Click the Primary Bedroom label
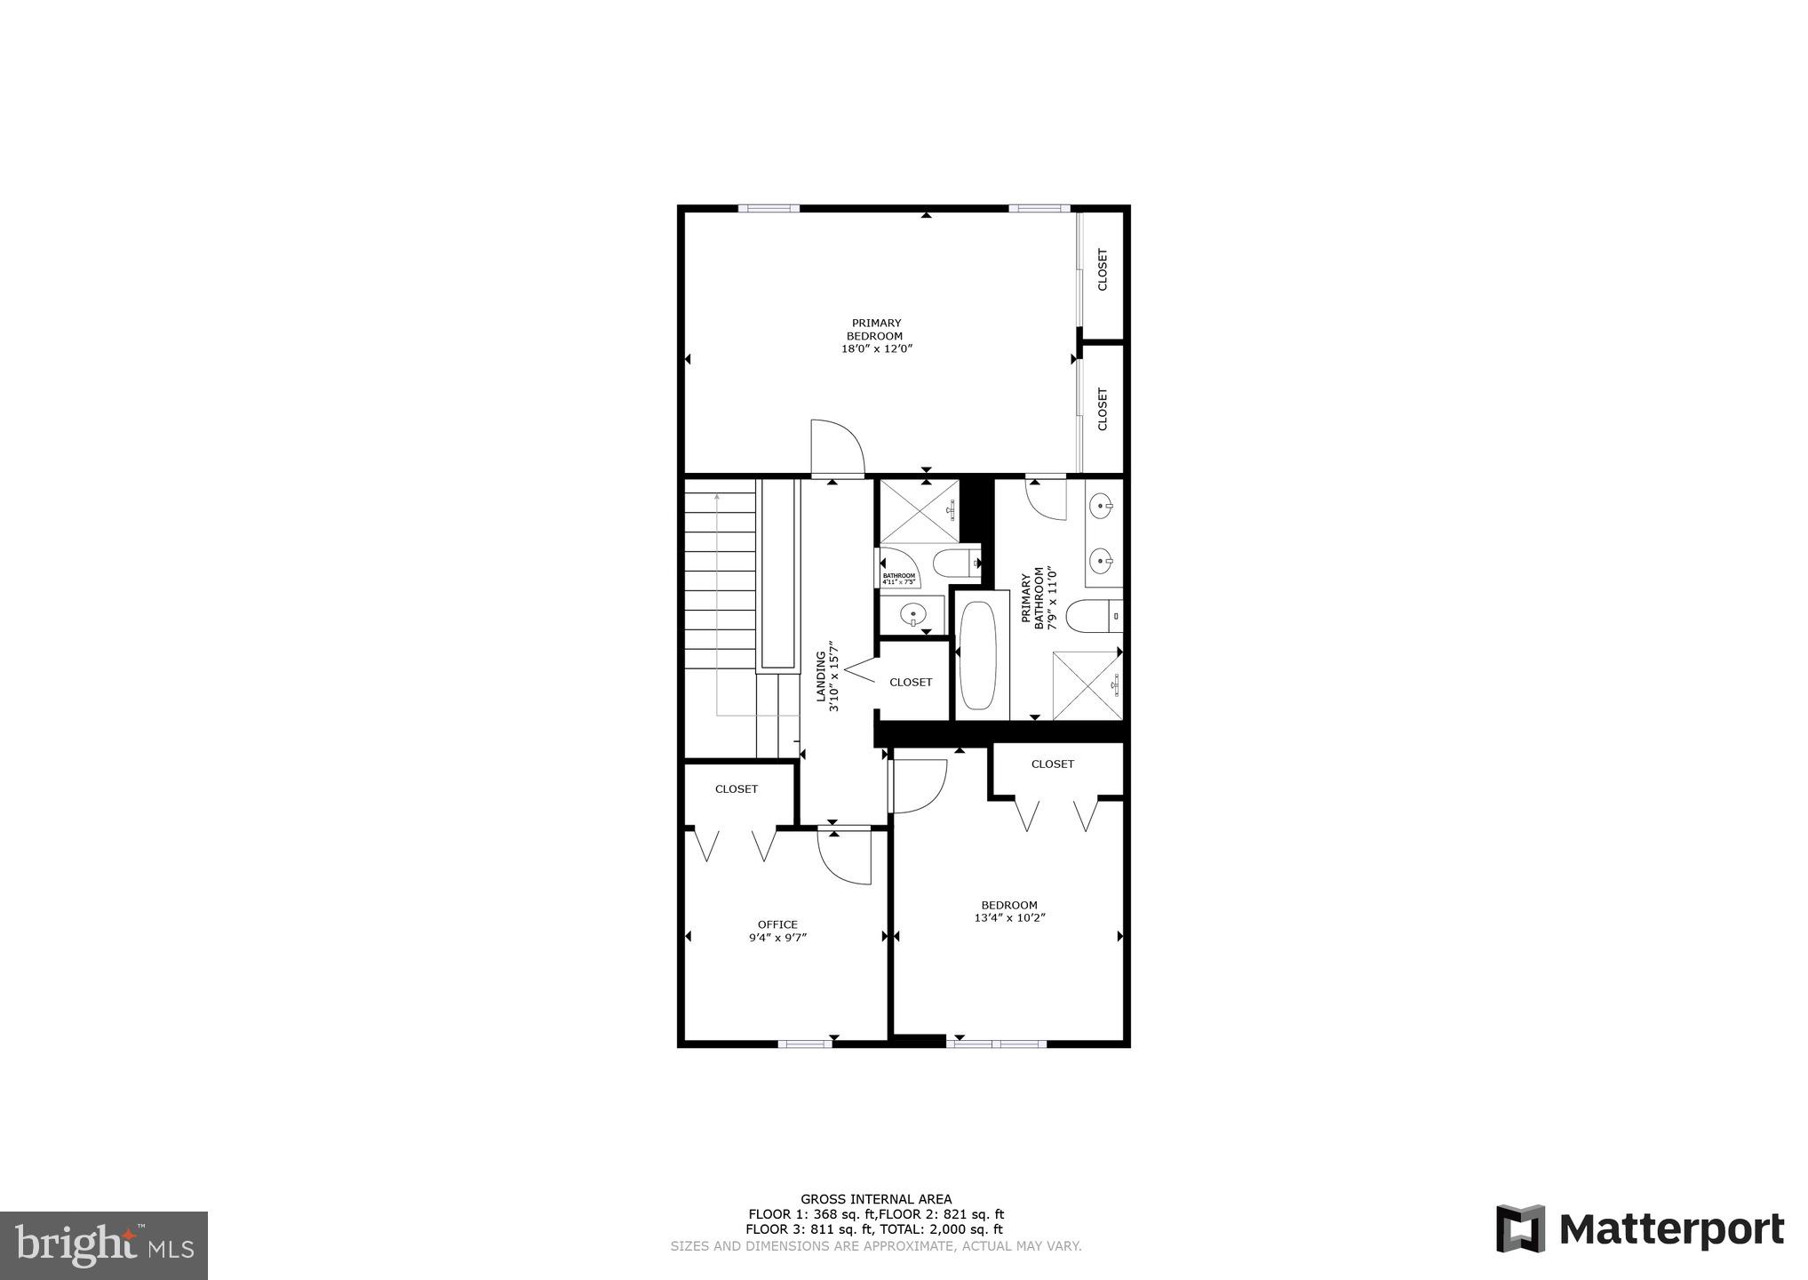pos(876,330)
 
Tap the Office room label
pos(777,924)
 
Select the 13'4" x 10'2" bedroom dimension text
pos(1009,918)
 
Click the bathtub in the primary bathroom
pos(978,656)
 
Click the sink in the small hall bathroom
pos(912,614)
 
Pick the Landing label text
pos(822,677)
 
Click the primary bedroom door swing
pos(838,447)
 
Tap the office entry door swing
pos(844,857)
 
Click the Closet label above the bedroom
pos(1052,764)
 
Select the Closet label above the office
pos(737,788)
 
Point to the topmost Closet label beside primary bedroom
pos(1103,269)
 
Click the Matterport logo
pos(1639,1230)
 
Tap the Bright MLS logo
pos(103,1245)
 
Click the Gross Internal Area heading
pos(876,1199)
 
